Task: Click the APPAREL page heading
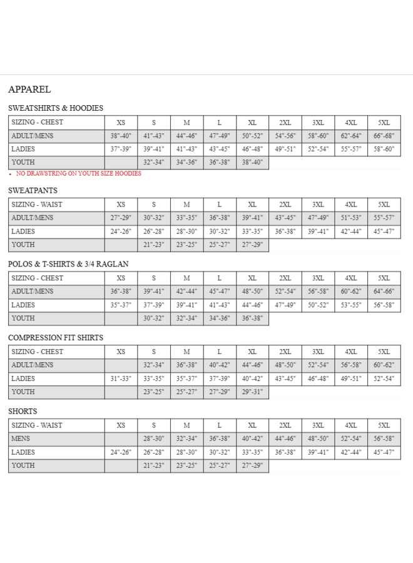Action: point(29,89)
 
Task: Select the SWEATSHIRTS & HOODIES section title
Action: point(56,108)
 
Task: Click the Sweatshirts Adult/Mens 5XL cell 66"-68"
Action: point(384,136)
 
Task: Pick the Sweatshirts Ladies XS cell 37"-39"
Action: point(121,150)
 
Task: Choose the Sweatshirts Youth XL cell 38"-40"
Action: point(252,163)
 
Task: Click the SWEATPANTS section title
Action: point(33,190)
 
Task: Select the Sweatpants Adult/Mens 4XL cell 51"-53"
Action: point(351,218)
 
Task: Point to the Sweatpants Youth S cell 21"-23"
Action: point(153,245)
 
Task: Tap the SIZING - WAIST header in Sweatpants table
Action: point(37,205)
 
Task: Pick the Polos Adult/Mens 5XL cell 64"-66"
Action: point(384,292)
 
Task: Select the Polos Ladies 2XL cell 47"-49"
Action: point(285,305)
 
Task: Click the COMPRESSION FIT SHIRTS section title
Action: point(56,338)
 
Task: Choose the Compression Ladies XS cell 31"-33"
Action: point(121,378)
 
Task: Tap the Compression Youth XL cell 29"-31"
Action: point(252,392)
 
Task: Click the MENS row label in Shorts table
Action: point(21,439)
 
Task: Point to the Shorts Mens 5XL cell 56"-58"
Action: point(384,439)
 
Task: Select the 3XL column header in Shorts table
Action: point(318,425)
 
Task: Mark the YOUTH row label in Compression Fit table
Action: point(23,392)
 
